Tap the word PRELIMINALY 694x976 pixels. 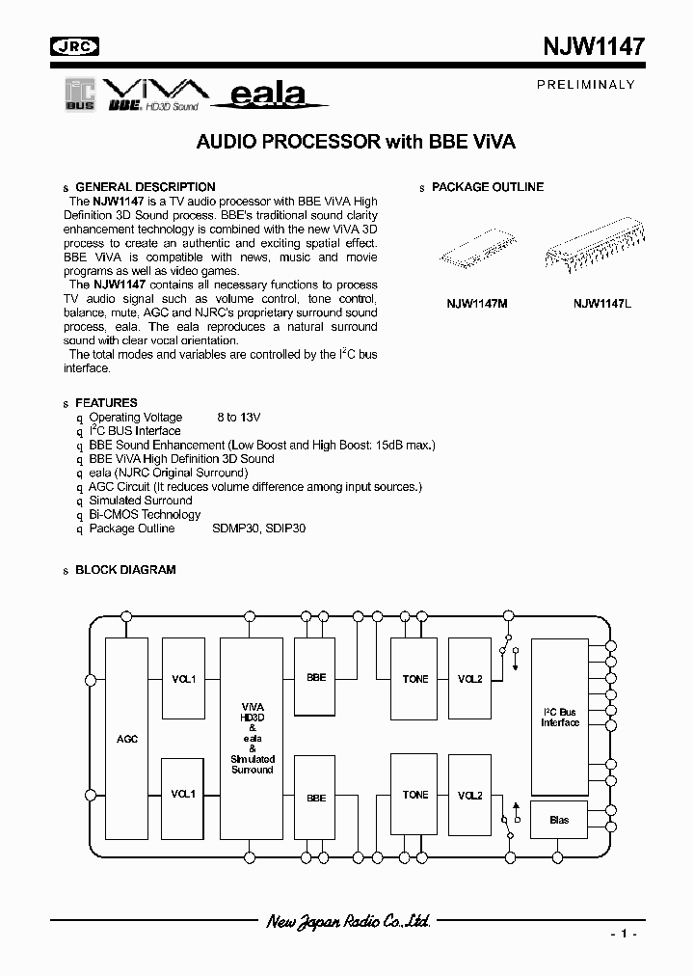586,84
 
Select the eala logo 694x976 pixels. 270,95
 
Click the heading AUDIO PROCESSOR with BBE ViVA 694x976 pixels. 357,141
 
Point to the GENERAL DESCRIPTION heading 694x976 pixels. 146,187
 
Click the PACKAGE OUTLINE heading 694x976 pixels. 488,187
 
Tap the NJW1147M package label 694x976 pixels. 476,304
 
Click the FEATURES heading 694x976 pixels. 106,402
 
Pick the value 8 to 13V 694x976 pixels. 238,418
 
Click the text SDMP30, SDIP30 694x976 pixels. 259,529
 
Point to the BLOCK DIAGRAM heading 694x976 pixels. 125,570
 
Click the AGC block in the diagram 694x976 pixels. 127,738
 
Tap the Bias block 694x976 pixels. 559,820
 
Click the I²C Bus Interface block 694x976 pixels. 559,718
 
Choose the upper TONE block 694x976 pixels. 415,679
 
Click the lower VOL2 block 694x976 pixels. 470,796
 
